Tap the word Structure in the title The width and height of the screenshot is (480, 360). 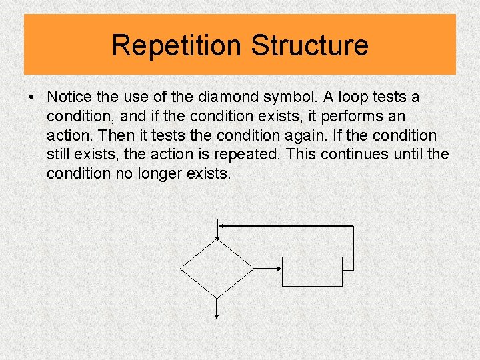pyautogui.click(x=309, y=45)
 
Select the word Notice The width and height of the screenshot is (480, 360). pyautogui.click(x=69, y=97)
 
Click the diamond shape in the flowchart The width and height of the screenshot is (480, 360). pyautogui.click(x=217, y=269)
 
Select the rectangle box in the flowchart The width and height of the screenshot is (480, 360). pyautogui.click(x=313, y=271)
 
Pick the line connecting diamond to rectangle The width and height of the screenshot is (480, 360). pyautogui.click(x=269, y=269)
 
